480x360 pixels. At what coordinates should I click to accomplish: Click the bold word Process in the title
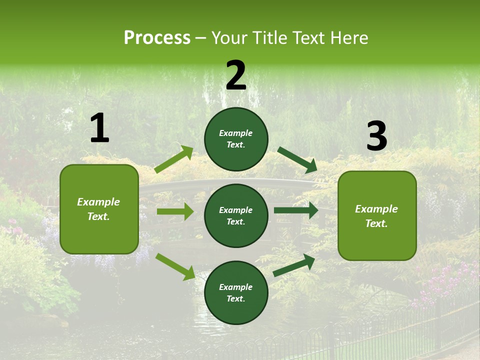click(x=157, y=38)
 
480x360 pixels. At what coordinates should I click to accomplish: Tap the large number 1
click(x=99, y=128)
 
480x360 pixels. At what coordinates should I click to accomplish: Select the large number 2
click(x=236, y=76)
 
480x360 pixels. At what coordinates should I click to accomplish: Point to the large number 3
click(x=377, y=136)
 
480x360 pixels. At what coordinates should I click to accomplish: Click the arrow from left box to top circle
click(x=174, y=159)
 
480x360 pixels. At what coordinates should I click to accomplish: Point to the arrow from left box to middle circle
click(x=175, y=211)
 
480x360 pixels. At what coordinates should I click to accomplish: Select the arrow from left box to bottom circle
click(x=175, y=266)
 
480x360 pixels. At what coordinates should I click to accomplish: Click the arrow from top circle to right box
click(x=297, y=160)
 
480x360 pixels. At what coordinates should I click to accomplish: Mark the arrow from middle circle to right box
click(x=296, y=210)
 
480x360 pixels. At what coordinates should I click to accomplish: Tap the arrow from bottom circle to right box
click(x=294, y=265)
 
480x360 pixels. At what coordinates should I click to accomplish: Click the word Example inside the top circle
click(x=236, y=133)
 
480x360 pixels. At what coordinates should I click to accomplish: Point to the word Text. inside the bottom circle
click(x=236, y=298)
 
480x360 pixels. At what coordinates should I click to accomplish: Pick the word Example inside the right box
click(x=376, y=209)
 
